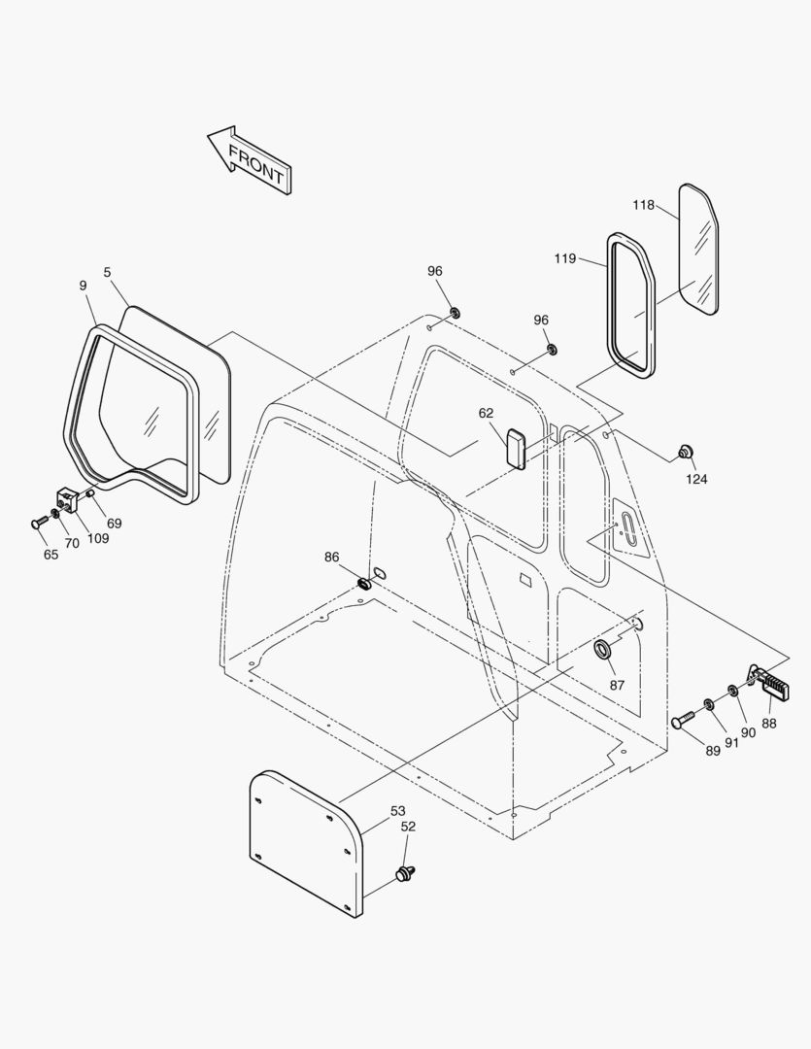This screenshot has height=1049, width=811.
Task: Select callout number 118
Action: [x=643, y=205]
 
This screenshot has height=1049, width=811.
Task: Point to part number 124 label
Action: [x=696, y=479]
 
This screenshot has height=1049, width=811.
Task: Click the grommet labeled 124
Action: [x=686, y=452]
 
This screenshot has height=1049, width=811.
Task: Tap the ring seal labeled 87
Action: [x=604, y=649]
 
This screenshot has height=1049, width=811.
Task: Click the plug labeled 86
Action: [x=366, y=584]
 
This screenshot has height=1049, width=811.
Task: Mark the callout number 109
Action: [x=98, y=539]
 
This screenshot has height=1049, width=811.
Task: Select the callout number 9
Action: [x=83, y=286]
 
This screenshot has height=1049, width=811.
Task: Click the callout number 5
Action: [x=107, y=272]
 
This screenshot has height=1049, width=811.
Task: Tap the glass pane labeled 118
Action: [x=698, y=248]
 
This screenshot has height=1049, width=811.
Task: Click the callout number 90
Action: [x=748, y=732]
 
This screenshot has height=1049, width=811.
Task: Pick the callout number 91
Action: [x=731, y=743]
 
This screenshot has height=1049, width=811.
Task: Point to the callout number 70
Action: [x=73, y=543]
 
